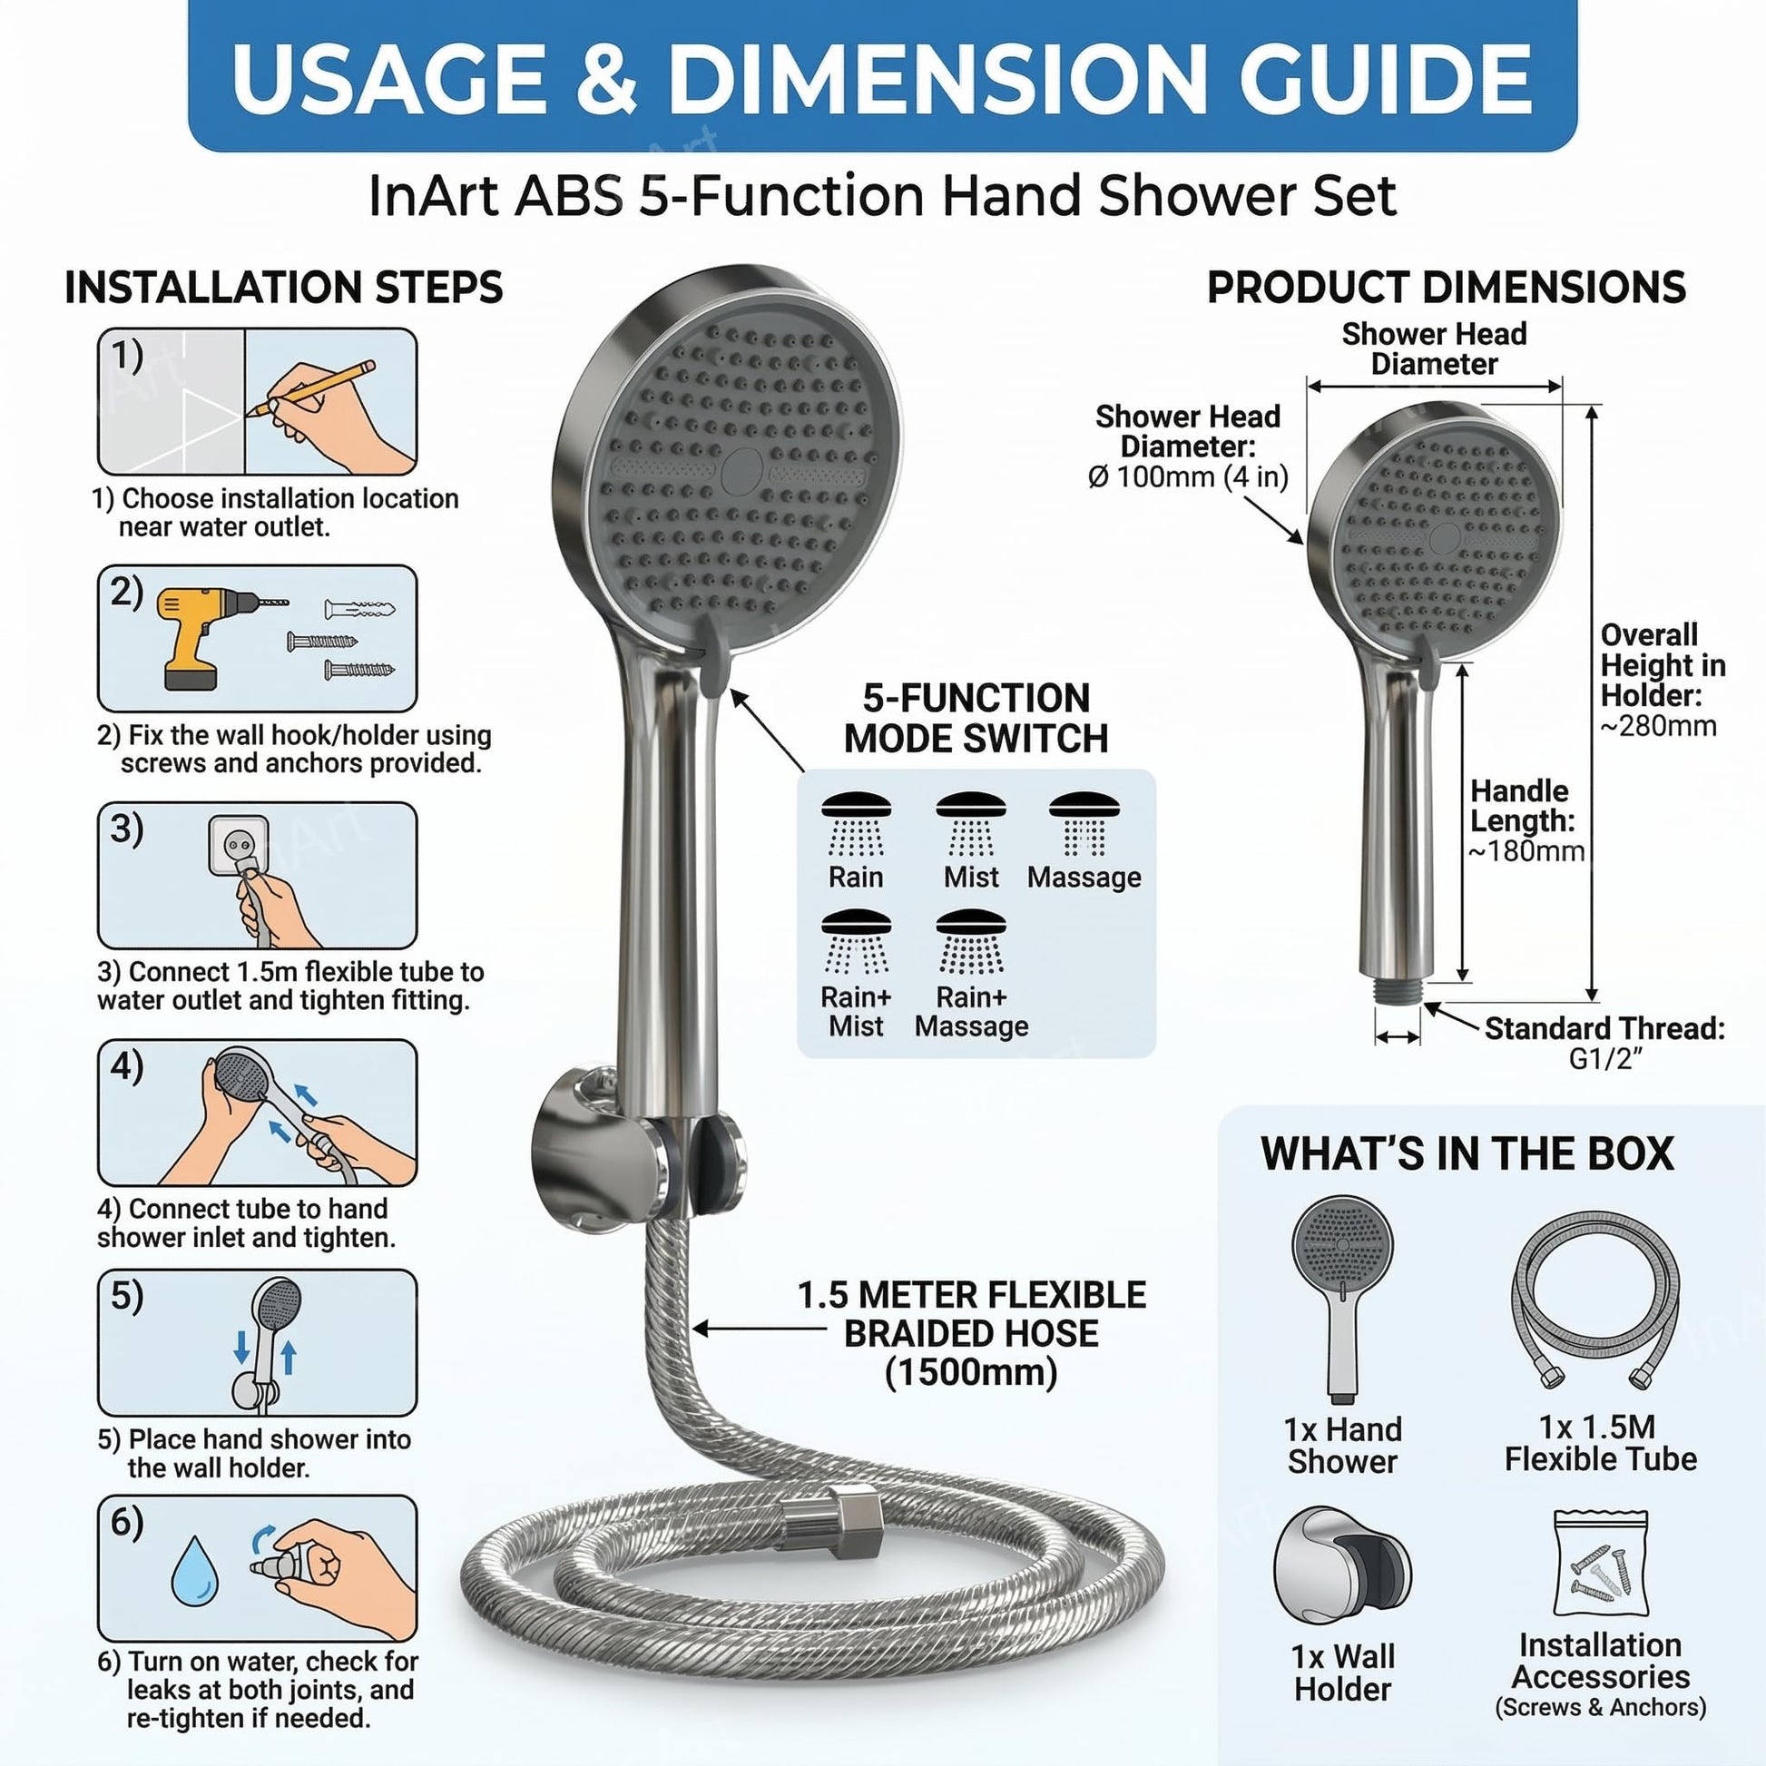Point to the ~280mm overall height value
click(1658, 727)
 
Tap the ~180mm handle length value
click(1526, 852)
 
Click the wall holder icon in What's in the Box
click(1342, 1571)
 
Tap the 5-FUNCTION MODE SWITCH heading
click(976, 719)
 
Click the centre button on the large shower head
click(742, 472)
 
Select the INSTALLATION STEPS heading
click(283, 288)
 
